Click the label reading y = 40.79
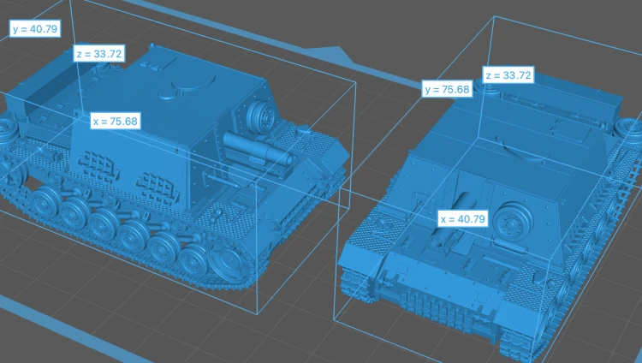[x=35, y=28]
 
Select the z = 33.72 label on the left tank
[x=99, y=54]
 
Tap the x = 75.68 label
[x=116, y=122]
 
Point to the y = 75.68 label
[x=447, y=89]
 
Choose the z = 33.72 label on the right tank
[x=508, y=75]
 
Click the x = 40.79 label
[x=463, y=219]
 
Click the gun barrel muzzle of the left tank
[x=288, y=159]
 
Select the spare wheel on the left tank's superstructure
[x=263, y=115]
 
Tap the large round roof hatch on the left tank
[x=194, y=82]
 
